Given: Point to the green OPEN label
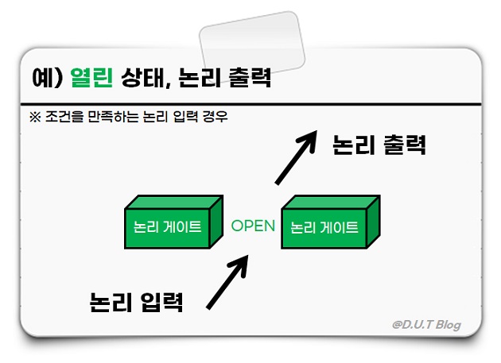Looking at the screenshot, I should pyautogui.click(x=253, y=226).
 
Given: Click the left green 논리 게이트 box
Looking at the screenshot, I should pyautogui.click(x=169, y=225).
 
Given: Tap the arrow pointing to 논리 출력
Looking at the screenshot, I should pyautogui.click(x=295, y=158).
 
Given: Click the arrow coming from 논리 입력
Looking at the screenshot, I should pyautogui.click(x=230, y=282).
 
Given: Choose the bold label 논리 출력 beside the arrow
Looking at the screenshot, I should pyautogui.click(x=380, y=145).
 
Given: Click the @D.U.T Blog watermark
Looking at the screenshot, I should pyautogui.click(x=426, y=324).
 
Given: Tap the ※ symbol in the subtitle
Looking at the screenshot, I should pyautogui.click(x=33, y=117).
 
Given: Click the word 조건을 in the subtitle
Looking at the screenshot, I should pyautogui.click(x=60, y=117).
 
